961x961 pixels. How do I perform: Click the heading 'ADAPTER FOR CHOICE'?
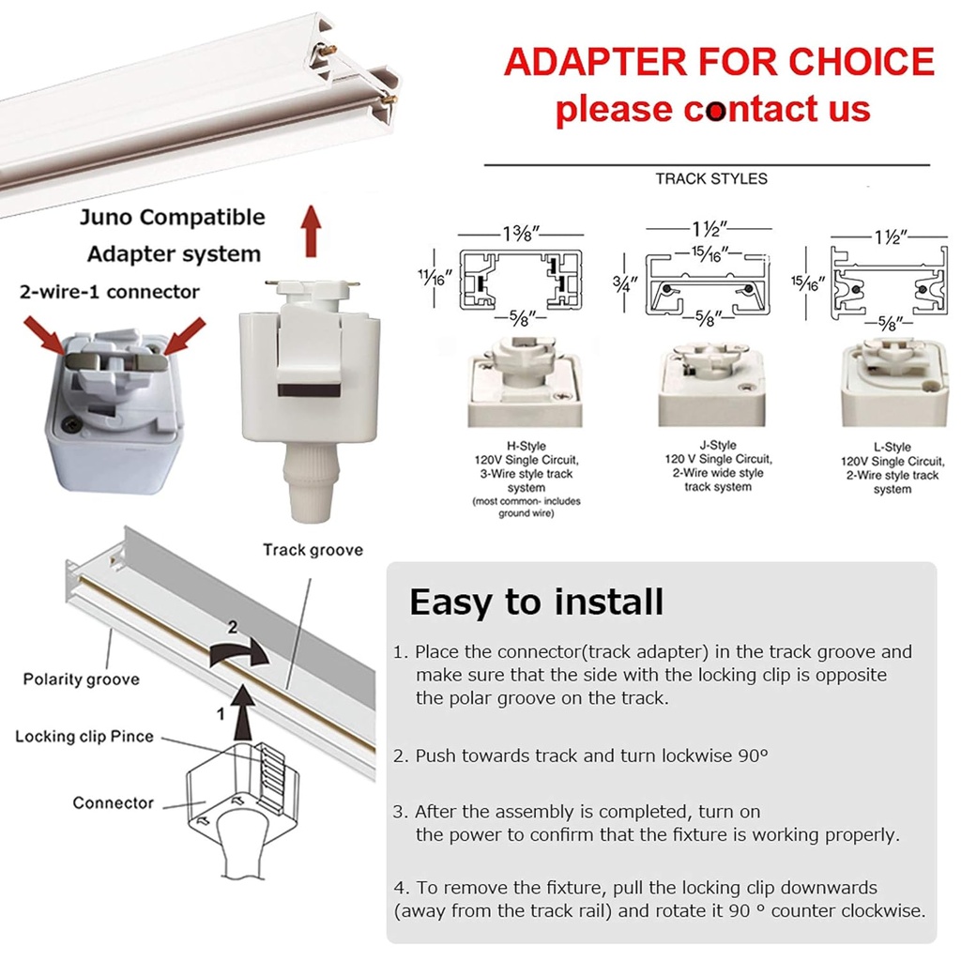pos(719,62)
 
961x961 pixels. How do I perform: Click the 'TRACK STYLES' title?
pos(710,178)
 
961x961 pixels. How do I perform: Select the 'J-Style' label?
pos(718,445)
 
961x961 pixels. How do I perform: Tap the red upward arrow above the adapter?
pos(311,232)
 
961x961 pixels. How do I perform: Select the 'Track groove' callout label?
pos(313,550)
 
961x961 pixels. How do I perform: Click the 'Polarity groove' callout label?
pos(82,679)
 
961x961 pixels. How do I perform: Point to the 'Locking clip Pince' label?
pos(84,736)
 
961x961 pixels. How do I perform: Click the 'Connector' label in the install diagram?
pos(113,802)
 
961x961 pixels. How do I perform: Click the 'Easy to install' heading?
pos(536,602)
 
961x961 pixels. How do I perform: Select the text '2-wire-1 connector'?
pos(109,292)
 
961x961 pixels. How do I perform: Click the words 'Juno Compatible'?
pos(172,218)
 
